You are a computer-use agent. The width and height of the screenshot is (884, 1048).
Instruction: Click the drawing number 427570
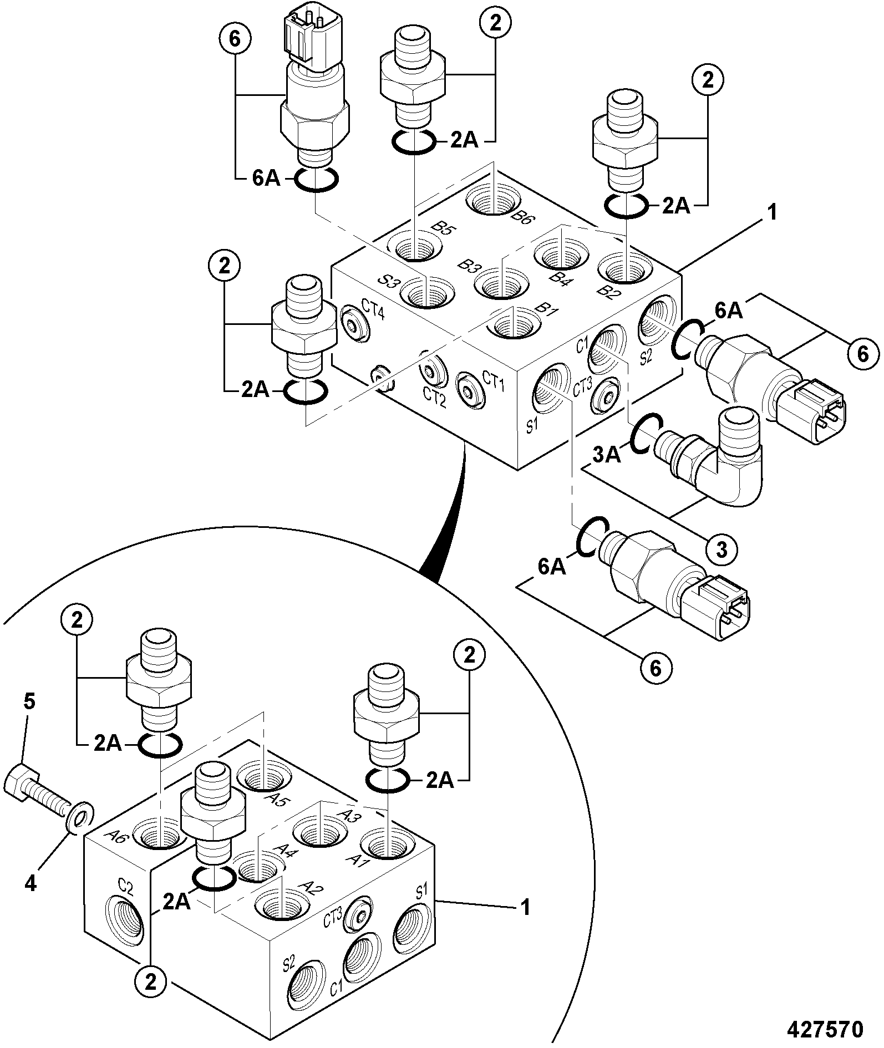826,1029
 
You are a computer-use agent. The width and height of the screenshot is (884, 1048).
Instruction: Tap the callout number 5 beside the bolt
29,702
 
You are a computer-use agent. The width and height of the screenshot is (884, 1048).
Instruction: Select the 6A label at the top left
266,180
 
